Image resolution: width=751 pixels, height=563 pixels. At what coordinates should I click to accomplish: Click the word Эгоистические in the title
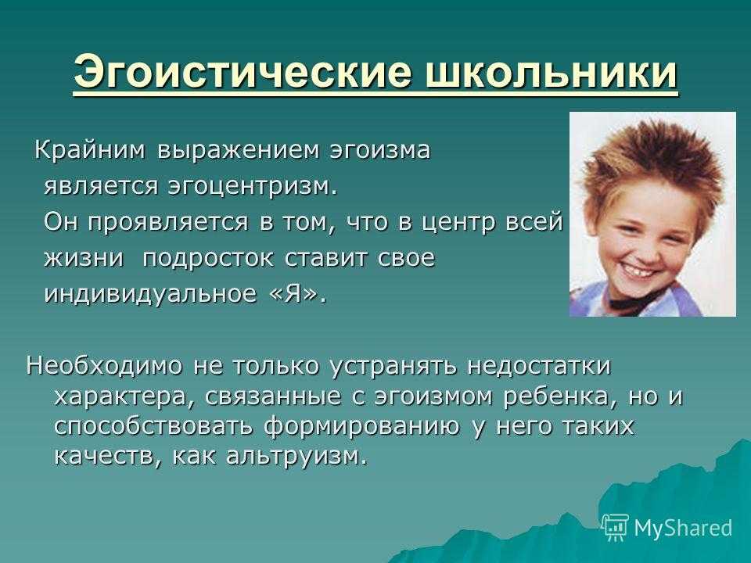(243, 72)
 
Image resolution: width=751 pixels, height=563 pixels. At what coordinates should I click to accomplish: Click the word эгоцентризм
(253, 187)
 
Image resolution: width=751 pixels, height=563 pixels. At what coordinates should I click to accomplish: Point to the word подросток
(208, 260)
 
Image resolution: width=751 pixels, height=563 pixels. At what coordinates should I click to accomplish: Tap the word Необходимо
(104, 366)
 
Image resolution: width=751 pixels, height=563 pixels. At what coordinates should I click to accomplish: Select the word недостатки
(539, 366)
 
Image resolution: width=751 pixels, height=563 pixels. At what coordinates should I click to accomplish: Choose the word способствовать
(153, 427)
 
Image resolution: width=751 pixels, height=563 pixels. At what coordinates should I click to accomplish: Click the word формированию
(361, 427)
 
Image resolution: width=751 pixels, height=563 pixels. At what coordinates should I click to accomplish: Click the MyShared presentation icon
(616, 527)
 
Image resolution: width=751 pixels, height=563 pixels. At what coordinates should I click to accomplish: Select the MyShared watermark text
(684, 527)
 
